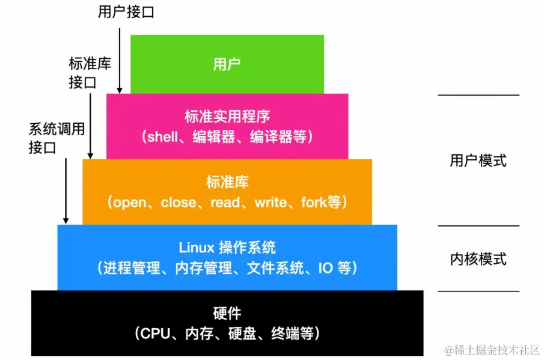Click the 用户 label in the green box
click(x=227, y=64)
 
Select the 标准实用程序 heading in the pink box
click(x=227, y=116)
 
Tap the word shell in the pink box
click(x=163, y=136)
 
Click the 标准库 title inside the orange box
click(x=227, y=182)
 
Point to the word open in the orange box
click(x=129, y=203)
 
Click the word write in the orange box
click(x=270, y=203)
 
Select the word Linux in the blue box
click(x=193, y=248)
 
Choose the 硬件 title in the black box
click(x=227, y=313)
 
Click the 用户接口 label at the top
click(x=126, y=12)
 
